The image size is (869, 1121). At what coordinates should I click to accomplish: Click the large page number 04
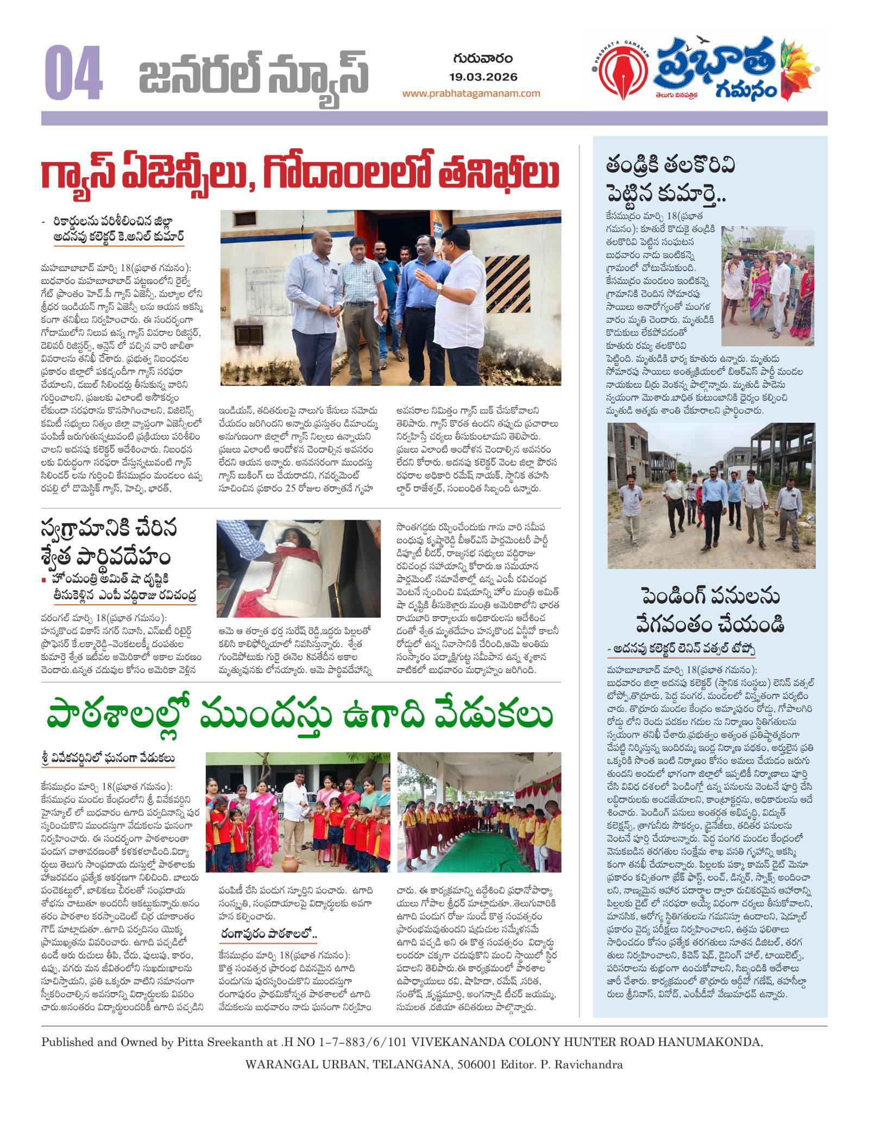(73, 73)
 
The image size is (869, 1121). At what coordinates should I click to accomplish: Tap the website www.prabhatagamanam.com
(471, 93)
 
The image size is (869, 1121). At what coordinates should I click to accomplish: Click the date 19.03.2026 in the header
(483, 77)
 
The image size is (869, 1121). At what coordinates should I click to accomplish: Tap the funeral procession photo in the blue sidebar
(768, 286)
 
